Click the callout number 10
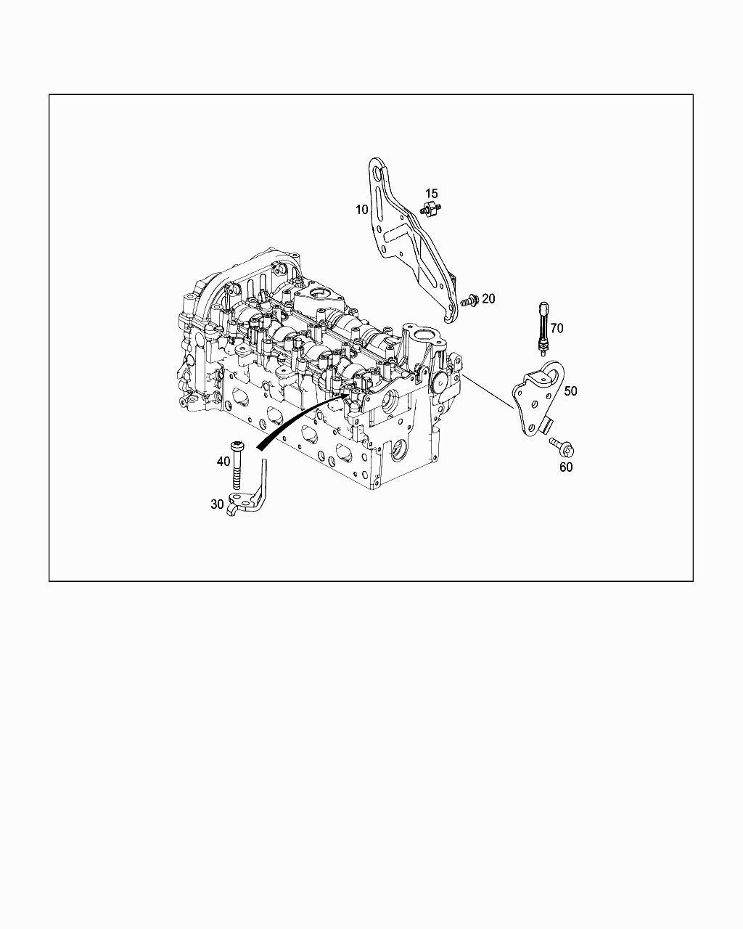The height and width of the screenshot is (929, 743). pyautogui.click(x=361, y=210)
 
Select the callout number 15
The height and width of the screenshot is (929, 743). pyautogui.click(x=432, y=193)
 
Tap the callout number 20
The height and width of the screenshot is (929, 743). pyautogui.click(x=488, y=298)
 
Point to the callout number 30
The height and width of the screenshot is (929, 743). pyautogui.click(x=217, y=504)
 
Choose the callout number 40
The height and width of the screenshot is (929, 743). pyautogui.click(x=223, y=461)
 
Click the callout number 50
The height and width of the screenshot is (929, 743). pyautogui.click(x=571, y=390)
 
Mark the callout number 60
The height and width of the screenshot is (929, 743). pyautogui.click(x=565, y=467)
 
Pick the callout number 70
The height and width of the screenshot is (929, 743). pyautogui.click(x=557, y=328)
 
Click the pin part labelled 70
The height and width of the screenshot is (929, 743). pyautogui.click(x=542, y=328)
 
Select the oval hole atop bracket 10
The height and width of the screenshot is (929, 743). pyautogui.click(x=376, y=175)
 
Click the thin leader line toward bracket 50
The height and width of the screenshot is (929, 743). pyautogui.click(x=489, y=393)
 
